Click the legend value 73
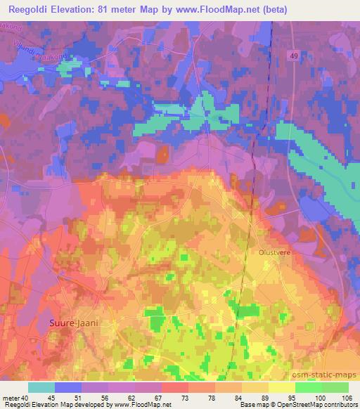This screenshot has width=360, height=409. coord(165,398)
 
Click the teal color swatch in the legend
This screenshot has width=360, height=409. coord(41,387)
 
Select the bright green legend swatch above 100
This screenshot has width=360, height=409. coord(308,387)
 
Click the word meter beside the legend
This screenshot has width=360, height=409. coord(10,398)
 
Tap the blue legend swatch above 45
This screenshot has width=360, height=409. coord(68,387)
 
